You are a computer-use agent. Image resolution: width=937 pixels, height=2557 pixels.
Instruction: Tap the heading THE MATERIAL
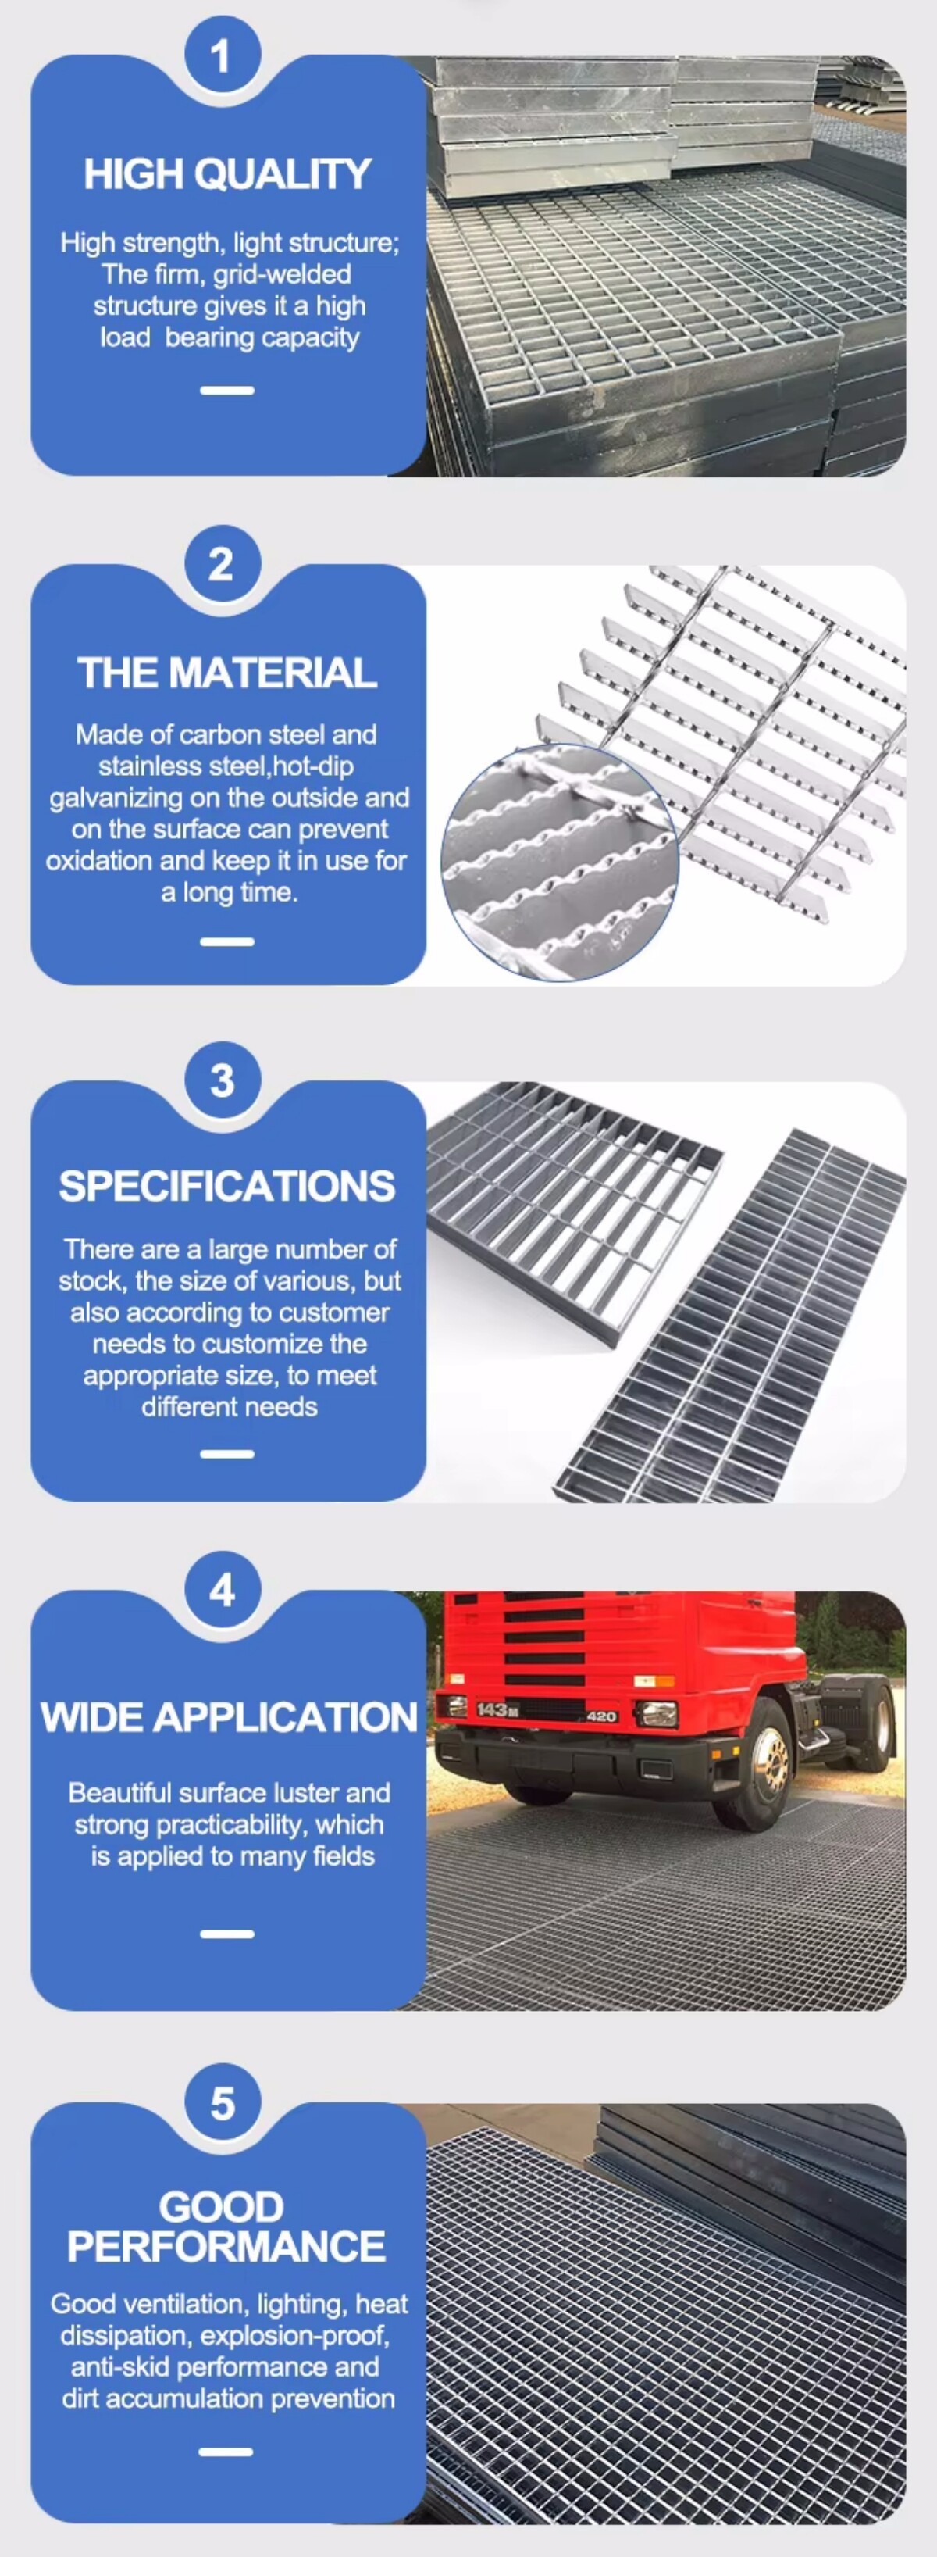point(227,673)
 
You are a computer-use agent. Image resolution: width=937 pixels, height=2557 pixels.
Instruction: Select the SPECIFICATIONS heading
point(227,1186)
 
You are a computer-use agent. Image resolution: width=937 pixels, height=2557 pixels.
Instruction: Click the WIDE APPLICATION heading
point(228,1717)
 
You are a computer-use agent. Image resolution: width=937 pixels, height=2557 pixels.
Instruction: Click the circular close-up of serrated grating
point(560,862)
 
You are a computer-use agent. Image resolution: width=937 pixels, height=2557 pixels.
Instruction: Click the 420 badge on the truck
point(601,1716)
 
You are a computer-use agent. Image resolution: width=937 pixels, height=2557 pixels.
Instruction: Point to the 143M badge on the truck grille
point(497,1709)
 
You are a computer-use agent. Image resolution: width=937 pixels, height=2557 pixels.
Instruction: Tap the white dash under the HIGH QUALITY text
point(227,390)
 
